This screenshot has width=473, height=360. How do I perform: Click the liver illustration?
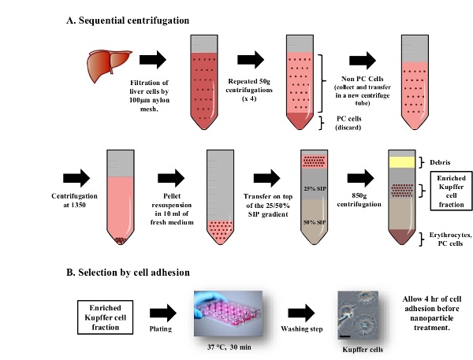(x=109, y=65)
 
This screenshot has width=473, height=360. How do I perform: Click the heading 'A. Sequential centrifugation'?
(x=128, y=20)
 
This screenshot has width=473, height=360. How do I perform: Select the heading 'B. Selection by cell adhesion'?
(x=128, y=273)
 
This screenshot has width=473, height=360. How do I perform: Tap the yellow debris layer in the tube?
(x=402, y=162)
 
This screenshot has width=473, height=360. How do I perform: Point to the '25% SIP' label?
(x=315, y=189)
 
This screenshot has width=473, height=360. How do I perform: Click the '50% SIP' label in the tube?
(x=315, y=222)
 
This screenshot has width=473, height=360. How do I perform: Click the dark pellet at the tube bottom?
(x=121, y=240)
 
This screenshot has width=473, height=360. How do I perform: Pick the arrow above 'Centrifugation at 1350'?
(x=76, y=178)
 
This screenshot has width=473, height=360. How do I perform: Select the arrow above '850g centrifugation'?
(x=361, y=178)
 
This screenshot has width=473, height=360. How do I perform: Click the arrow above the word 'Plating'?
(x=163, y=313)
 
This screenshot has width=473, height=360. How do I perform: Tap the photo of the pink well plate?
(x=229, y=314)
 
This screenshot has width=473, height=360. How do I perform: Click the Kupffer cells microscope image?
(x=358, y=315)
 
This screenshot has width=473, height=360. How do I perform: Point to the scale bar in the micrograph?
(x=345, y=336)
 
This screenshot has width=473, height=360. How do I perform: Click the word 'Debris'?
(x=440, y=162)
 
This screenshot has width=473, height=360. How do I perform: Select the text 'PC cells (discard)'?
(x=348, y=123)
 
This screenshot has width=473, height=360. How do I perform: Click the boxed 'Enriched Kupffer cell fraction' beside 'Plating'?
(x=106, y=317)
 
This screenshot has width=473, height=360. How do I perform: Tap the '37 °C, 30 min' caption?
(x=229, y=347)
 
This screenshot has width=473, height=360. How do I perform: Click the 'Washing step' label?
(x=302, y=328)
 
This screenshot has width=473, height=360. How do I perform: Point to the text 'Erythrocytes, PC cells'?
(x=450, y=239)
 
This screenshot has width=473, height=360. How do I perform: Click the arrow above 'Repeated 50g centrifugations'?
(x=251, y=60)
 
